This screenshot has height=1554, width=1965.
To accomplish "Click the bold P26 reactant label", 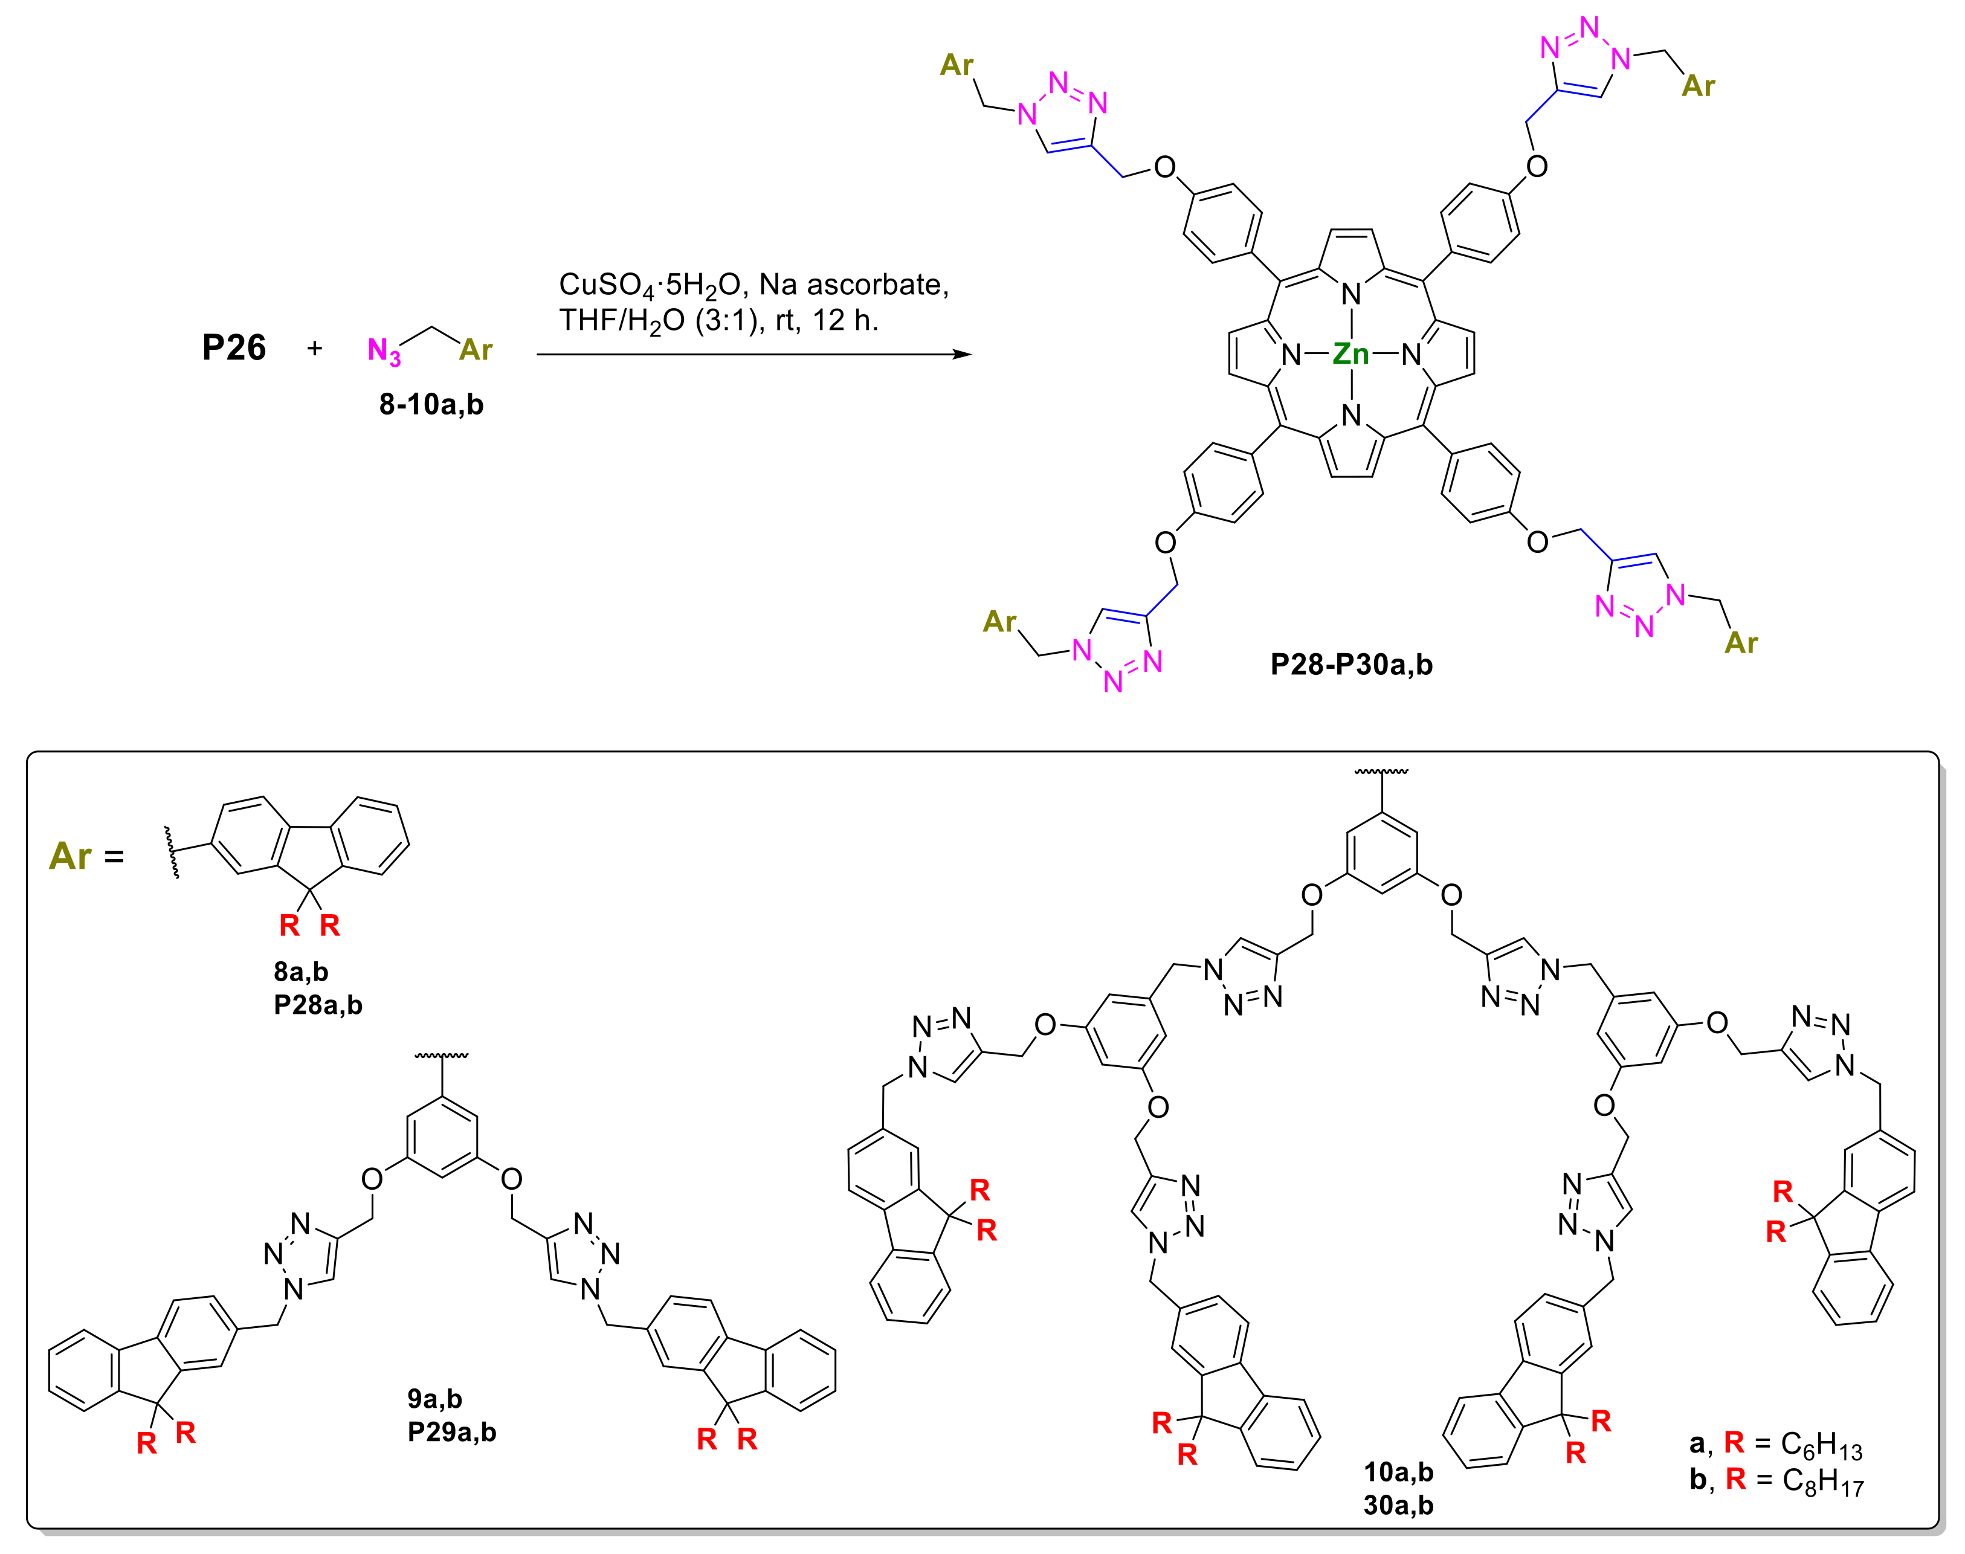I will pos(234,347).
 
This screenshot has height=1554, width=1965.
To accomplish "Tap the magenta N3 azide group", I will pos(384,350).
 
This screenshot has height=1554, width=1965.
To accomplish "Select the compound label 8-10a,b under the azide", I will pos(431,404).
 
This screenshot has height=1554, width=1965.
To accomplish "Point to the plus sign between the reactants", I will pos(315,347).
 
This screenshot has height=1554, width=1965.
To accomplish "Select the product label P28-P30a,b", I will pos(1351,665).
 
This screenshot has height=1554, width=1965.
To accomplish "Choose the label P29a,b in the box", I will pos(451,1432).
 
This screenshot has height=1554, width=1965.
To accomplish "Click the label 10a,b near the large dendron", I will pos(1398,1471).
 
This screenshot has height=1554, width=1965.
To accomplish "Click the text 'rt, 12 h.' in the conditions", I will pos(827,320).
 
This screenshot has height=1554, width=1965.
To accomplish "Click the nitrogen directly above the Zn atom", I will pos(1351,294).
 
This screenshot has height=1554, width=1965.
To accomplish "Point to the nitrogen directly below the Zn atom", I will pos(1351,416).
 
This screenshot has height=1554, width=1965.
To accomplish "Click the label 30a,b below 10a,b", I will pos(1398,1505).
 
